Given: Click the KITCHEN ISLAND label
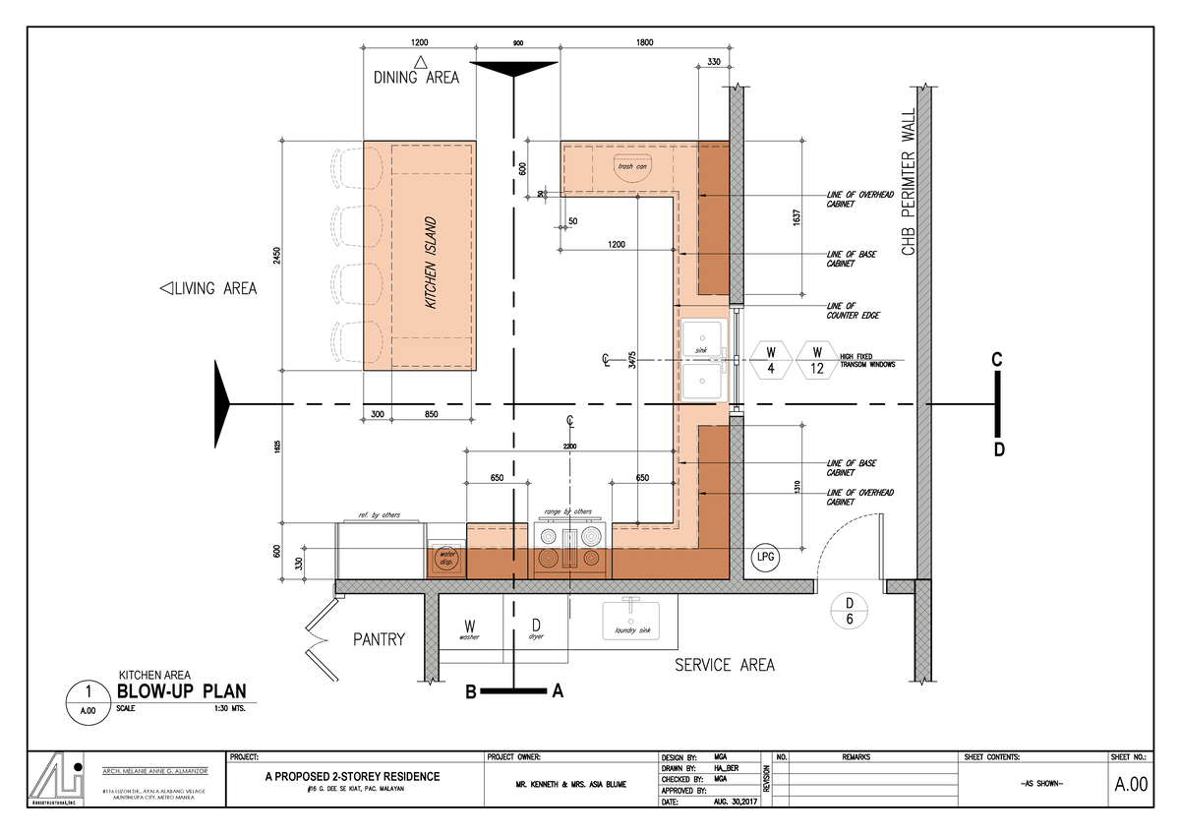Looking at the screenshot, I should click(431, 264).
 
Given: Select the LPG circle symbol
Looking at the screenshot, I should click(766, 557).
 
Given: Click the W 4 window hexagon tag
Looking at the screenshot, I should click(771, 360).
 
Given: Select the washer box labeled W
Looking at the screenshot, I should click(470, 627).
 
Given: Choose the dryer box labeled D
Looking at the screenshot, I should click(536, 627).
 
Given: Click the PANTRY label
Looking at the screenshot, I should click(379, 639).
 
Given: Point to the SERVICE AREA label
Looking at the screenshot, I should click(724, 666).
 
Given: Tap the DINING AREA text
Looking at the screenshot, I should click(415, 78).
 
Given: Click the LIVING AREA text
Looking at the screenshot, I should click(208, 288).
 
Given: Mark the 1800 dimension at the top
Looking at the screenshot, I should click(645, 42).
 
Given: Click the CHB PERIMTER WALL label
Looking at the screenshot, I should click(909, 182).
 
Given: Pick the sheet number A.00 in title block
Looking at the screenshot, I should click(1130, 784).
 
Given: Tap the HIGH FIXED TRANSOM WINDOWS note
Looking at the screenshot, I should click(866, 360).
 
